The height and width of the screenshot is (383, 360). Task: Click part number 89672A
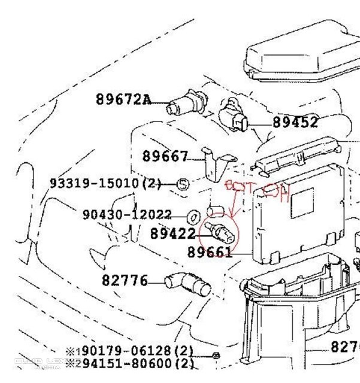pyautogui.click(x=123, y=99)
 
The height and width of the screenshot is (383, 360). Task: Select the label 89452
pyautogui.click(x=295, y=122)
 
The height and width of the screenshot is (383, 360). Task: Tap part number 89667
pyautogui.click(x=165, y=156)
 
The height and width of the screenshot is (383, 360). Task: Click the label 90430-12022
pyautogui.click(x=127, y=214)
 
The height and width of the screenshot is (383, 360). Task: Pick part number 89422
pyautogui.click(x=173, y=233)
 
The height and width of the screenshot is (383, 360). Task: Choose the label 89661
pyautogui.click(x=209, y=252)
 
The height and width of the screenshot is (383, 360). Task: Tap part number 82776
pyautogui.click(x=124, y=279)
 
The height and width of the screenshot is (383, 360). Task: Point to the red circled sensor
pyautogui.click(x=220, y=232)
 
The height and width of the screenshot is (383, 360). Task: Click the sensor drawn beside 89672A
pyautogui.click(x=183, y=105)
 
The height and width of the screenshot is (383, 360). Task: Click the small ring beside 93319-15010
pyautogui.click(x=184, y=183)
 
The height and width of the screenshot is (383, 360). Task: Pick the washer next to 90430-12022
pyautogui.click(x=193, y=215)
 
